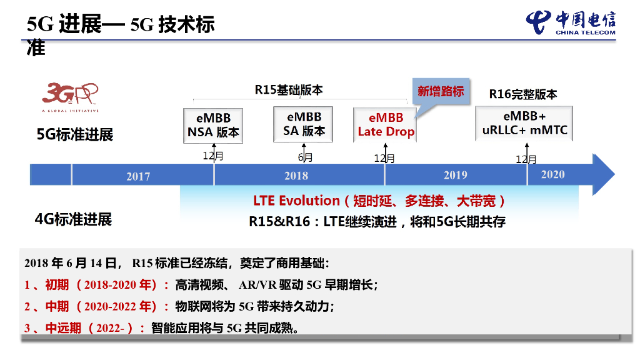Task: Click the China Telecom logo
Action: (x=570, y=24)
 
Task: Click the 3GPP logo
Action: (x=71, y=97)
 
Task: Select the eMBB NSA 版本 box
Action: (x=213, y=125)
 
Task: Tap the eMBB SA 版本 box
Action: (x=304, y=124)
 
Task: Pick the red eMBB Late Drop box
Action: (x=386, y=124)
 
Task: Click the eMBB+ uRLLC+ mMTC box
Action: (x=524, y=124)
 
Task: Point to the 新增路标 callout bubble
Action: (x=441, y=92)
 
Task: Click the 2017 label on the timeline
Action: (x=138, y=176)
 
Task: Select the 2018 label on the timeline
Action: (x=296, y=176)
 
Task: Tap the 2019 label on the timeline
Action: (x=455, y=175)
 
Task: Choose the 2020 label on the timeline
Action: (x=552, y=174)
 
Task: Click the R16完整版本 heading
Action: (x=523, y=94)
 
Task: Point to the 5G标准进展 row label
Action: (x=74, y=134)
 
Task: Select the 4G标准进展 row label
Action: (x=73, y=219)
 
